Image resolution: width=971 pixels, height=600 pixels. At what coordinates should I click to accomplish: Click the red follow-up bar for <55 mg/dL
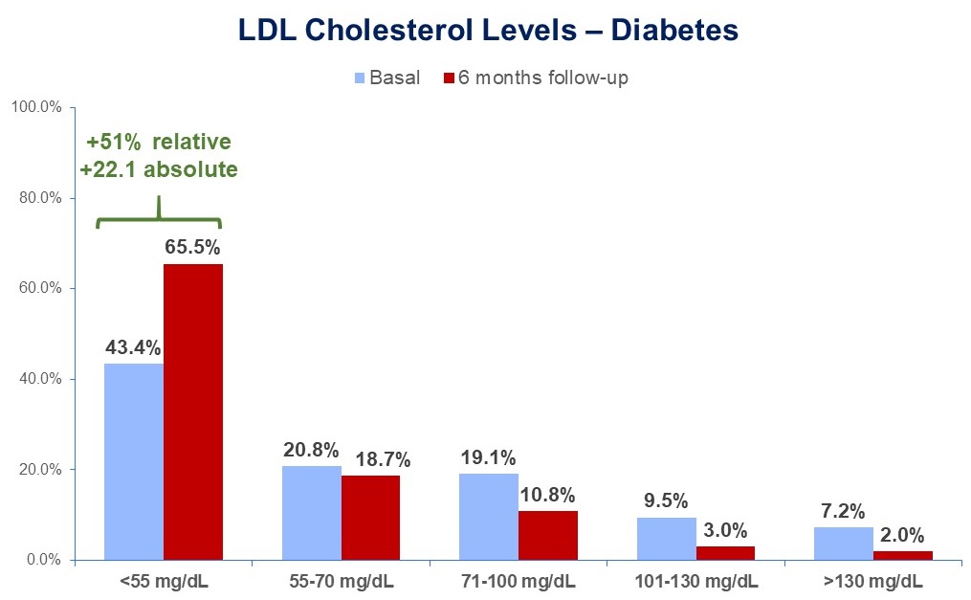point(193,411)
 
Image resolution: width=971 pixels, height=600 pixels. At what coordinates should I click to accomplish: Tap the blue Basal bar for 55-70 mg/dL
point(312,513)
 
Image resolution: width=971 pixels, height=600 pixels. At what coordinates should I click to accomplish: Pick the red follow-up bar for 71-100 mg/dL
point(548,535)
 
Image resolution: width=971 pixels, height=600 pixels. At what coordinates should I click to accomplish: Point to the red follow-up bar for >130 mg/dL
point(903,555)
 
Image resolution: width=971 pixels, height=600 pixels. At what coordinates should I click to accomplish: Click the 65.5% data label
point(193,246)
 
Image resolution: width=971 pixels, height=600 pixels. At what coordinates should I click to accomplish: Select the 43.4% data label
point(133,345)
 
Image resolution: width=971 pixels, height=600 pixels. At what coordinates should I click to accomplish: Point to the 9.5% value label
point(667,500)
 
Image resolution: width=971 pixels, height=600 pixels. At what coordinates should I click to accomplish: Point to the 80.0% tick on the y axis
point(42,198)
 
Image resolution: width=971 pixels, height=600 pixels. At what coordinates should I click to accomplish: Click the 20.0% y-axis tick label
point(42,470)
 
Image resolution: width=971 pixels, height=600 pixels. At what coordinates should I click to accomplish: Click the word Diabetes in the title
point(671,31)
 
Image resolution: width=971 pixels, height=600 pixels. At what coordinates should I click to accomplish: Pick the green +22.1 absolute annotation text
point(159,169)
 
